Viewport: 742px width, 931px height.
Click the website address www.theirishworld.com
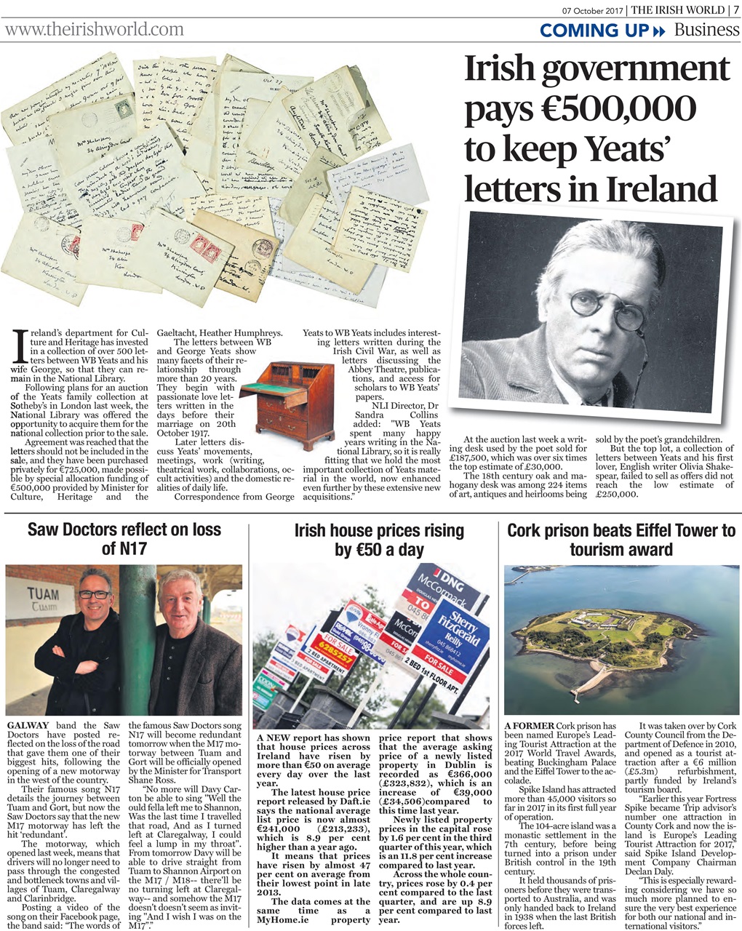click(95, 29)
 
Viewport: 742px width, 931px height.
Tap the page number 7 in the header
click(735, 9)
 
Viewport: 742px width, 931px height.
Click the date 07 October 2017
click(594, 9)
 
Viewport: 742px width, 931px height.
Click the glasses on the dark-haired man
click(95, 594)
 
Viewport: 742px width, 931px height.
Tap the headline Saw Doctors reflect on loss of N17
click(124, 538)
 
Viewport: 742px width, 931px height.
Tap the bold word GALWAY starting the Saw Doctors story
click(28, 725)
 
